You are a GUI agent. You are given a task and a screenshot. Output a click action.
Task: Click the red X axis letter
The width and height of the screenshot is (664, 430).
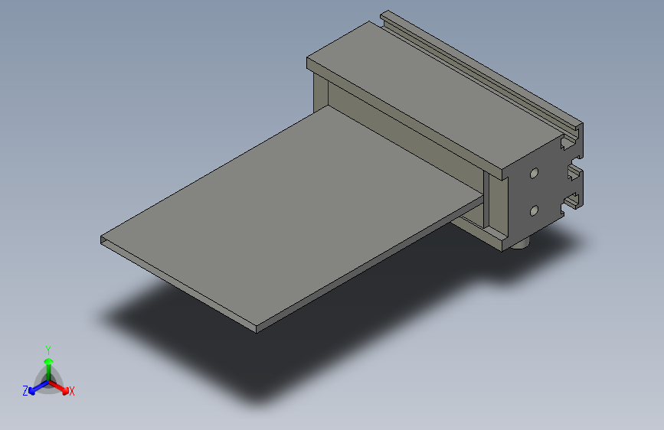coord(72,392)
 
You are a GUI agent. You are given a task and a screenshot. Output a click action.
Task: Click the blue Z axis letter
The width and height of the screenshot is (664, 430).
coord(25,390)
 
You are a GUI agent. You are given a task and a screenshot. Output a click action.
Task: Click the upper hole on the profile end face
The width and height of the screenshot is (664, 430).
coord(534,174)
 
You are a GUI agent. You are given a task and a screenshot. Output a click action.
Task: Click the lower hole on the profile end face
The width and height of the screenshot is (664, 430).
coord(534,209)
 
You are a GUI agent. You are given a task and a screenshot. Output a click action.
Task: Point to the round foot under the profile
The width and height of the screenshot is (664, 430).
coord(523,245)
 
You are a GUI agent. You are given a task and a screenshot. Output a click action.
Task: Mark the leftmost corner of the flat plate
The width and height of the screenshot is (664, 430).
coord(101,239)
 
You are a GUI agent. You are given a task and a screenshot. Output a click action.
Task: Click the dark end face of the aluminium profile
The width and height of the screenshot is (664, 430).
coord(544,191)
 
